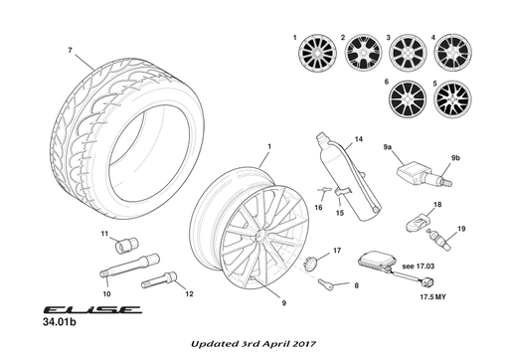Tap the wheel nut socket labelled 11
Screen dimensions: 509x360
pyautogui.click(x=126, y=244)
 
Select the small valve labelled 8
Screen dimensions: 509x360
pyautogui.click(x=323, y=285)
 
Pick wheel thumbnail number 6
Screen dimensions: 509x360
pyautogui.click(x=407, y=96)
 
